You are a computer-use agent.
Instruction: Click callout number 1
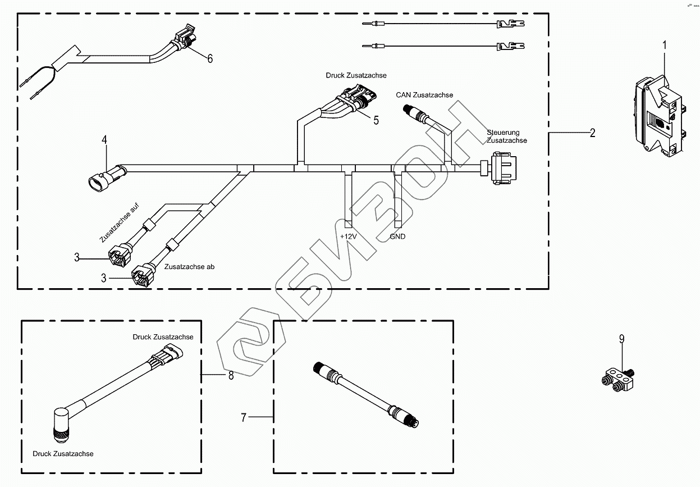pos(665,44)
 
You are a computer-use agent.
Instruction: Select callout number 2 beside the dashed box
pos(592,133)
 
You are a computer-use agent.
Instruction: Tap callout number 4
pos(104,139)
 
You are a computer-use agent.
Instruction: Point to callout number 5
pos(376,120)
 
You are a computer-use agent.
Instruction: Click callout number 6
pos(210,58)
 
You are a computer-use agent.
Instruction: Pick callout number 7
pos(244,417)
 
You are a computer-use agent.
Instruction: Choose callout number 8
pos(231,375)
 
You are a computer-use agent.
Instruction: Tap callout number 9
pos(622,338)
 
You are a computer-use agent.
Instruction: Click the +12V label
pos(348,236)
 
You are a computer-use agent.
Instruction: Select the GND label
pos(397,236)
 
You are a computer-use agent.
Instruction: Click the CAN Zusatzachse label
pos(424,95)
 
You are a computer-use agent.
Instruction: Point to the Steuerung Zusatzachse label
pos(507,136)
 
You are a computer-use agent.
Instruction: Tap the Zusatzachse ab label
pos(190,267)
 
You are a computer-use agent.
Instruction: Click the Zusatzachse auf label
pos(119,224)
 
